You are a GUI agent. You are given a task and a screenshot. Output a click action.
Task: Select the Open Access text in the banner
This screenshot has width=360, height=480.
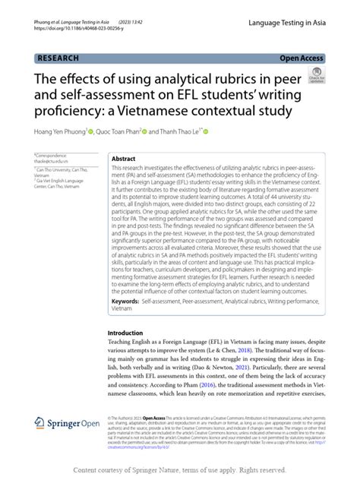pos(302,58)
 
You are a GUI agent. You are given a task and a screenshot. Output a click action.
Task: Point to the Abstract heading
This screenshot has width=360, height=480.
pos(124,159)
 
